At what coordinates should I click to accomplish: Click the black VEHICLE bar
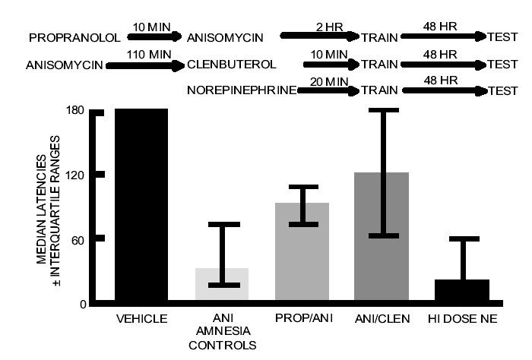point(141,207)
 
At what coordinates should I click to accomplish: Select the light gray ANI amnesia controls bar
point(222,286)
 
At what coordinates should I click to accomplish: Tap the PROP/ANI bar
point(302,254)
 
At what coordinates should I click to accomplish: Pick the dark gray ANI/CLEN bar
point(382,238)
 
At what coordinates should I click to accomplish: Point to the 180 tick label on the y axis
point(74,111)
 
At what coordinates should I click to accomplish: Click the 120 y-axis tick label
point(74,175)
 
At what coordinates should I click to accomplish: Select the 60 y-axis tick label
point(78,240)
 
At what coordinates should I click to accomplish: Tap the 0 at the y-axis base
point(81,305)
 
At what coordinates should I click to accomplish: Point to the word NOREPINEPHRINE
point(242,91)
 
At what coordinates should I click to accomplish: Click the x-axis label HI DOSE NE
point(462,319)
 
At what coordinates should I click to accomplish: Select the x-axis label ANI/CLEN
point(382,319)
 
